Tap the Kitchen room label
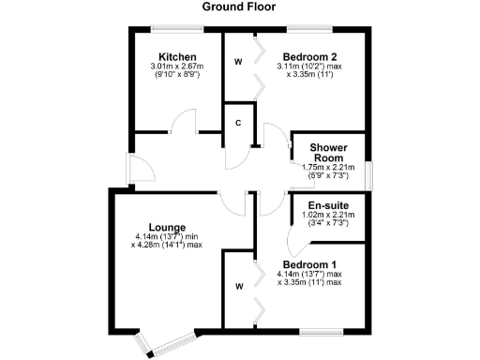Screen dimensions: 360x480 [x=176, y=57]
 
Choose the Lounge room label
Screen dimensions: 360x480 [x=166, y=227]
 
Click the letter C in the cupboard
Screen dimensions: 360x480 [x=239, y=123]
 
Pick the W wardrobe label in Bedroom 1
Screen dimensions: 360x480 [x=240, y=286]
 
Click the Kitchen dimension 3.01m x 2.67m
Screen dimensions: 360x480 [x=176, y=67]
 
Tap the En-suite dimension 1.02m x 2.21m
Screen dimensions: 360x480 [x=329, y=215]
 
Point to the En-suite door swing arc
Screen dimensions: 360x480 [x=292, y=246]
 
